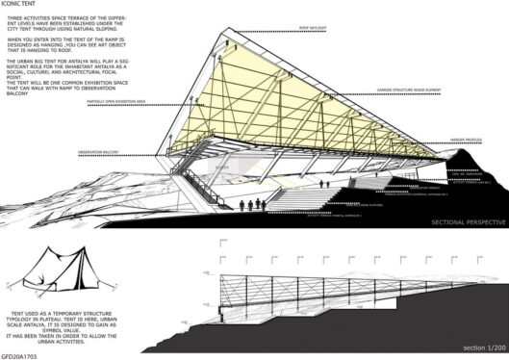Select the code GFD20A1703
point(21,355)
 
